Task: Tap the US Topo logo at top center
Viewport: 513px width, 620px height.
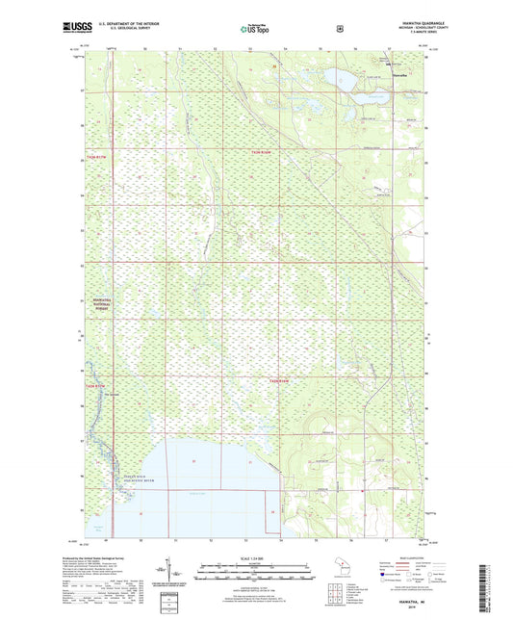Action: point(256,28)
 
